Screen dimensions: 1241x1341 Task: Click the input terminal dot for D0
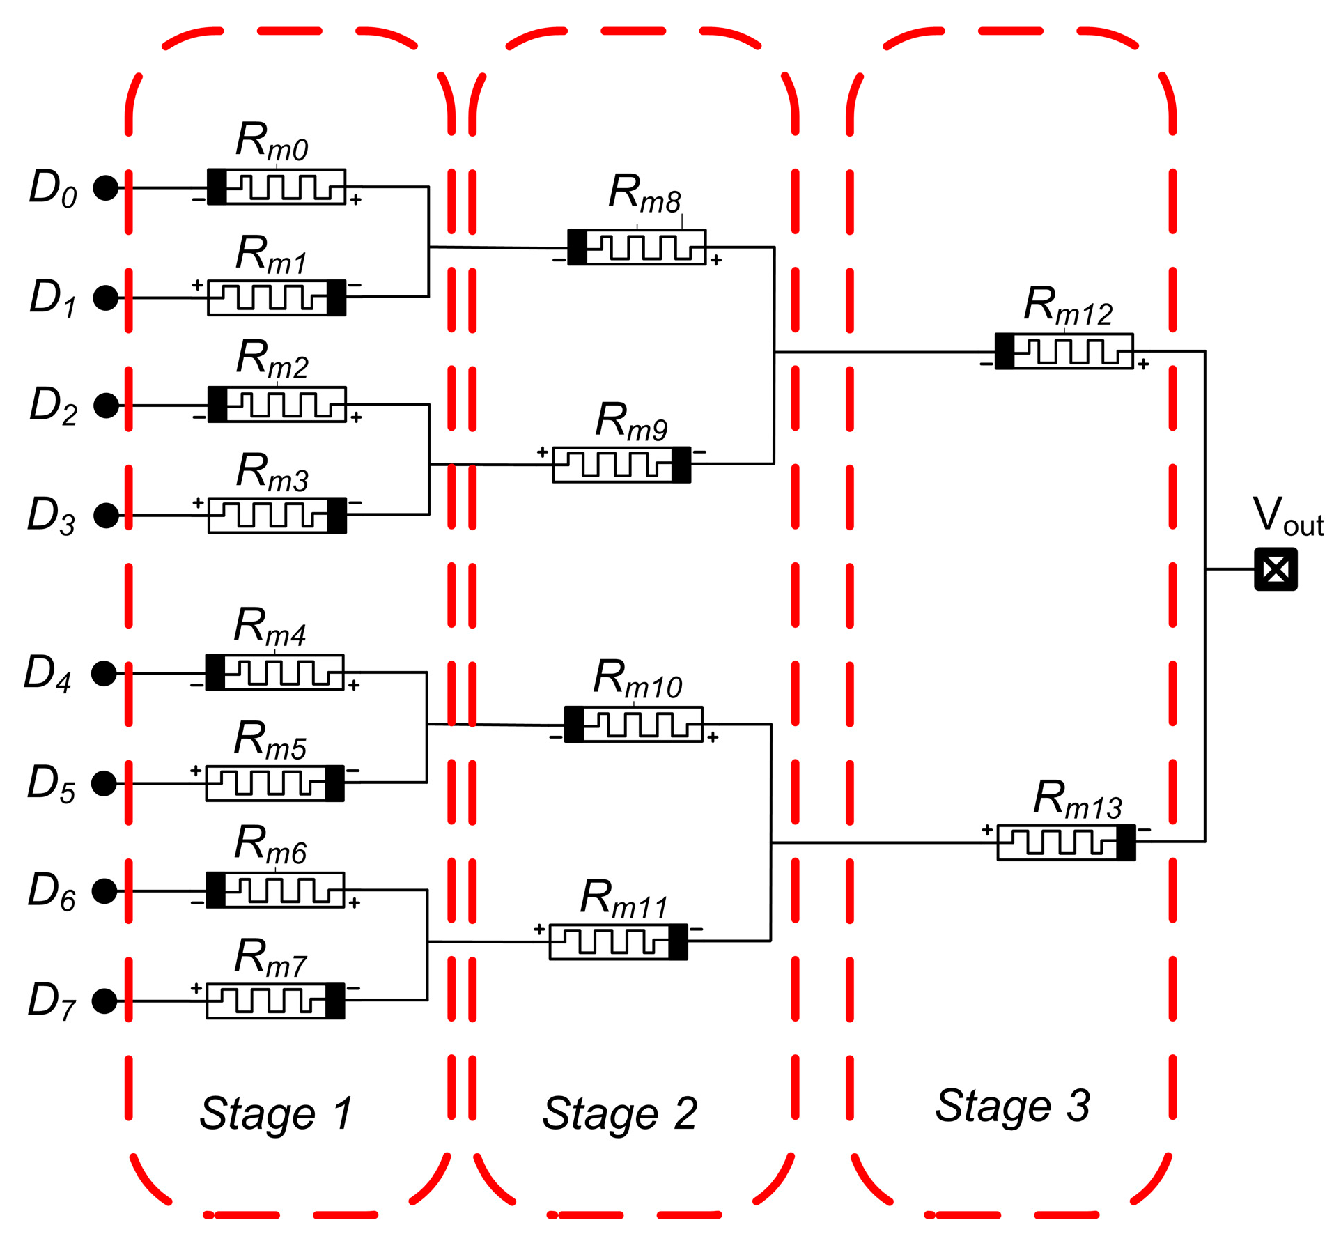click(106, 188)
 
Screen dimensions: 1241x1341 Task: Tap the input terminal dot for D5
click(104, 783)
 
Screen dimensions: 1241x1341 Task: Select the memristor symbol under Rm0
click(277, 187)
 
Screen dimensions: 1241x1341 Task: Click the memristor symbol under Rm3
click(277, 516)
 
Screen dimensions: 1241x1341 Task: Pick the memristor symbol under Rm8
click(637, 247)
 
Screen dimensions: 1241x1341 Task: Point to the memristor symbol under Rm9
click(621, 465)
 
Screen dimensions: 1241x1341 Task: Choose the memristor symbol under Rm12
click(1064, 352)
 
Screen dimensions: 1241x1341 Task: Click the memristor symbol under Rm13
click(1066, 842)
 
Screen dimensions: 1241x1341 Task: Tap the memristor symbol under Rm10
click(633, 725)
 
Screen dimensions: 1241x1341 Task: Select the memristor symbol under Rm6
click(275, 890)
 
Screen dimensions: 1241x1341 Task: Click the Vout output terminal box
click(1276, 569)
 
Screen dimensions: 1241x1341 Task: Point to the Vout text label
click(1287, 517)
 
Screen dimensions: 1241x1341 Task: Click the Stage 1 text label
click(276, 1113)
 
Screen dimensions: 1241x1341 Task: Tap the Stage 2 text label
click(619, 1113)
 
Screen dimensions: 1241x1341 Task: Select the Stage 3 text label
click(1012, 1105)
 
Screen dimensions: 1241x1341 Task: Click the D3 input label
click(51, 516)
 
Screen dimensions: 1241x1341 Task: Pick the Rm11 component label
click(623, 900)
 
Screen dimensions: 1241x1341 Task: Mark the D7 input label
click(51, 1001)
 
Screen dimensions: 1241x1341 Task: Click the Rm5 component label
click(270, 741)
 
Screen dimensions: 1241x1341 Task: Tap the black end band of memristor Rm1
click(336, 298)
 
